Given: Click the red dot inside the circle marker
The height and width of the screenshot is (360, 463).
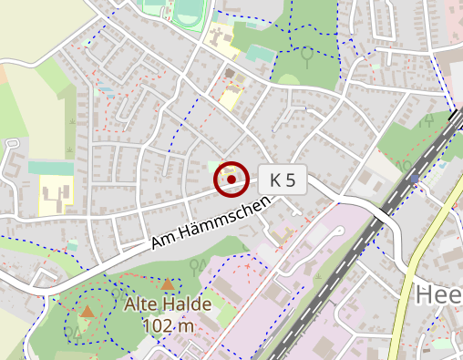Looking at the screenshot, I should pos(231,180).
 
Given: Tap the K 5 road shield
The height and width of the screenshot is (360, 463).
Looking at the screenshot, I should pos(283,180).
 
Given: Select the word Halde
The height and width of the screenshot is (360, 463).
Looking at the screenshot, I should pos(187,304).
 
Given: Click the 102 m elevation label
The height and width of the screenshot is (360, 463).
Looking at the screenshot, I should pos(168,325).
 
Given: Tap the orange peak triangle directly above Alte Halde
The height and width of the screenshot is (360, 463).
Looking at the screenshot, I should pos(168,284).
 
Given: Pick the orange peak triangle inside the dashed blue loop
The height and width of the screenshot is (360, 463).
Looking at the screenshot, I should pos(87,312).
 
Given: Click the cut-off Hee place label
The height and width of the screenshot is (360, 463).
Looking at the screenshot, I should pos(438,295).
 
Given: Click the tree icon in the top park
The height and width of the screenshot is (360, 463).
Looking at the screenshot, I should pos(307,57).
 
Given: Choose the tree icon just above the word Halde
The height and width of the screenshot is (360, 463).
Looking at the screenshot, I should pos(195,265).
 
